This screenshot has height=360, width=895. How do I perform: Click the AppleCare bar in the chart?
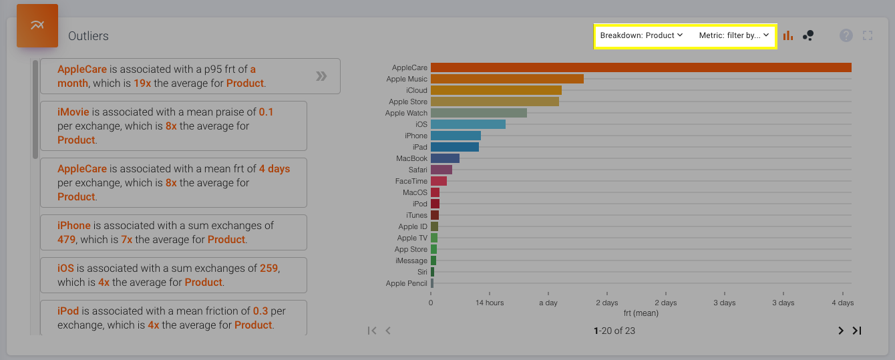point(641,67)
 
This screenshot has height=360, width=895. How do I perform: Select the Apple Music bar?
point(507,79)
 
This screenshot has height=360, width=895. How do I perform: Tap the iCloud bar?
point(496,90)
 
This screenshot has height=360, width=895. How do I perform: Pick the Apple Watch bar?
point(478,113)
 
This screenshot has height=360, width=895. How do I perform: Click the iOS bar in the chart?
point(468,124)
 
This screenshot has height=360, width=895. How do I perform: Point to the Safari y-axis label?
point(417,170)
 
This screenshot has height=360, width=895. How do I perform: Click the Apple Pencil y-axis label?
point(406,283)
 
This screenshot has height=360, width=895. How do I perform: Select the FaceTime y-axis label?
point(411,181)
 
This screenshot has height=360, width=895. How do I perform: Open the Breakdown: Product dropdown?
point(641,35)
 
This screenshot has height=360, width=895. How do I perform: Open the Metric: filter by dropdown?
point(734,35)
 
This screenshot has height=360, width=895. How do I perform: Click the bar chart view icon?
point(788,35)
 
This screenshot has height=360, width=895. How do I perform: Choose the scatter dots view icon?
point(808,35)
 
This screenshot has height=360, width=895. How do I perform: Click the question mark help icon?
point(846,35)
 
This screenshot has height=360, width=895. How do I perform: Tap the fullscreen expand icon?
point(868,35)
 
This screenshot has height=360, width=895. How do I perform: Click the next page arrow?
point(841,331)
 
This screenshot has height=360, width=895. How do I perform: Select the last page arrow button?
point(857,331)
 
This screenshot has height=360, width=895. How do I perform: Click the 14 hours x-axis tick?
point(490,303)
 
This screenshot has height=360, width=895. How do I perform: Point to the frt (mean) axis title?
point(641,313)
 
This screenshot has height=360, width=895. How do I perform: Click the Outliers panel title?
point(88,36)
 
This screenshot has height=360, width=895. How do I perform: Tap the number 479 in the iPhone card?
point(67,239)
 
